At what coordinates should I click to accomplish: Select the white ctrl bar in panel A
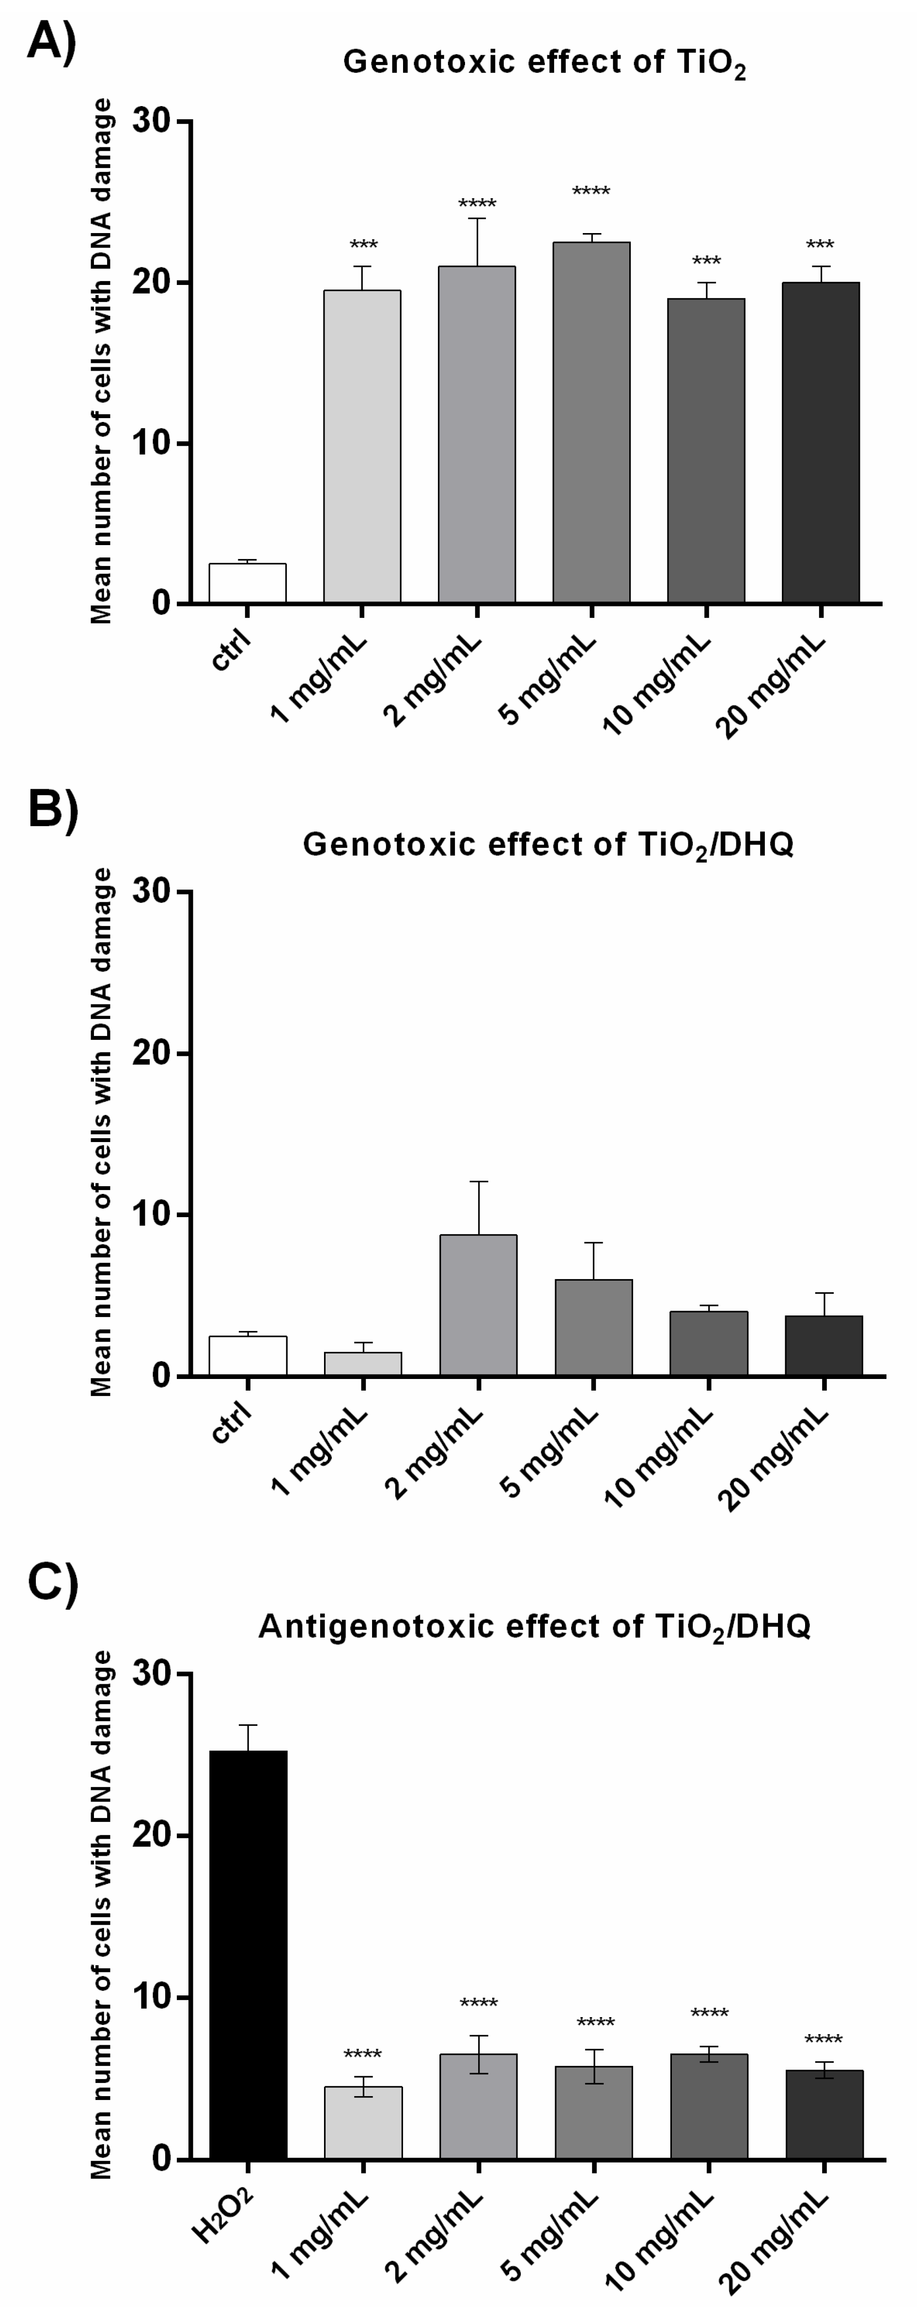point(248,583)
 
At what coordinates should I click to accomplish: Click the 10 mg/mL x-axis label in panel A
point(657,684)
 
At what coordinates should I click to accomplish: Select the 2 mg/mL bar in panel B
point(478,1305)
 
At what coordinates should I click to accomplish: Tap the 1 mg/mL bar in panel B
point(363,1363)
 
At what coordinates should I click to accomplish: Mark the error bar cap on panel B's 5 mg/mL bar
point(593,1243)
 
